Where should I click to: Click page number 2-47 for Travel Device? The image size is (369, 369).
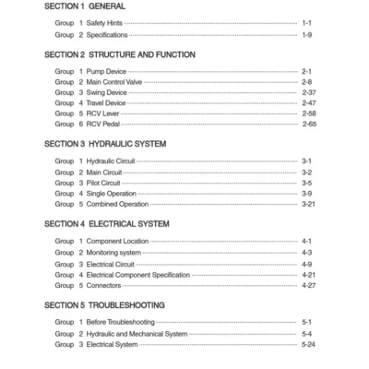[x=309, y=104]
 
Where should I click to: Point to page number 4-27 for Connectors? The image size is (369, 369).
[x=309, y=285]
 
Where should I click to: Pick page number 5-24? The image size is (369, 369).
[x=309, y=344]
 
